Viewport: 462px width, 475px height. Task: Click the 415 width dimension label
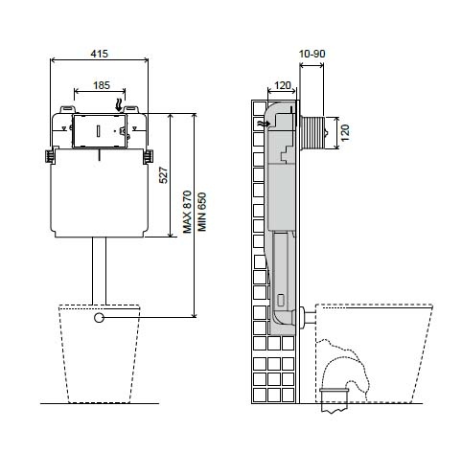coord(100,54)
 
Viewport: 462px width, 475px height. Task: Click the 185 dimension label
coord(102,85)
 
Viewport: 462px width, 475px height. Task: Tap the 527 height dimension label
coord(163,175)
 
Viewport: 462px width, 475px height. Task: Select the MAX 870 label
coord(187,212)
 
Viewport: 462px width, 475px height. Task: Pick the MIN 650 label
coord(202,212)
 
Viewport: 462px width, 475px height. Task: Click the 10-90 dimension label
coord(312,54)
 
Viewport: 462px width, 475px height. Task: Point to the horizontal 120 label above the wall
coord(283,85)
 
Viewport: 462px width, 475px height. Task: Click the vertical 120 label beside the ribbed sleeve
coord(345,133)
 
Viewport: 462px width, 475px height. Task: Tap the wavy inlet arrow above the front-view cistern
coord(119,105)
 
